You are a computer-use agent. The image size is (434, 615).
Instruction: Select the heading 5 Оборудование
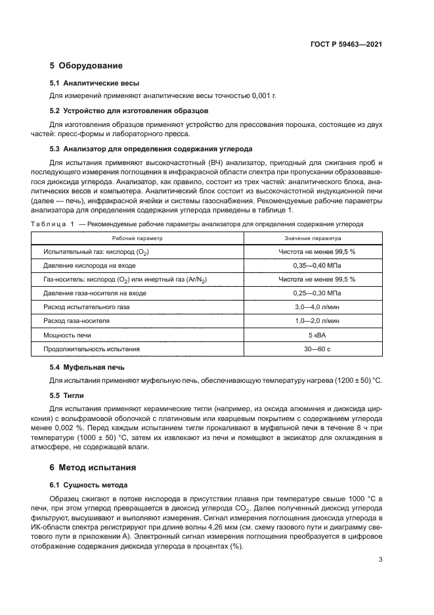pyautogui.click(x=86, y=66)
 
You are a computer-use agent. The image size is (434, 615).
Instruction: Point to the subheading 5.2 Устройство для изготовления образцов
pyautogui.click(x=129, y=111)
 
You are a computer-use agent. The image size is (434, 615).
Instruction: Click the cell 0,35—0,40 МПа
pyautogui.click(x=313, y=265)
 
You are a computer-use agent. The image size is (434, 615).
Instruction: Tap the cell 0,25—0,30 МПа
pyautogui.click(x=313, y=293)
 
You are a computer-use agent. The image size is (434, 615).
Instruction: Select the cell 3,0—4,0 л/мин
pyautogui.click(x=313, y=307)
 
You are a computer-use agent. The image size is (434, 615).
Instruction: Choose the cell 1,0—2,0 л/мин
pyautogui.click(x=313, y=320)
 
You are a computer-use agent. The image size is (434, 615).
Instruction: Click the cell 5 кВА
pyautogui.click(x=313, y=334)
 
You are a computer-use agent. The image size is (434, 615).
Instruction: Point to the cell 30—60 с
pyautogui.click(x=313, y=348)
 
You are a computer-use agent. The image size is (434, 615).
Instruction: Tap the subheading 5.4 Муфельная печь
pyautogui.click(x=87, y=367)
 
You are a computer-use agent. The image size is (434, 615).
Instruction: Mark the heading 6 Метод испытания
pyautogui.click(x=93, y=468)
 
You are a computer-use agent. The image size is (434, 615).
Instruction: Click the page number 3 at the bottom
pyautogui.click(x=380, y=560)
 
